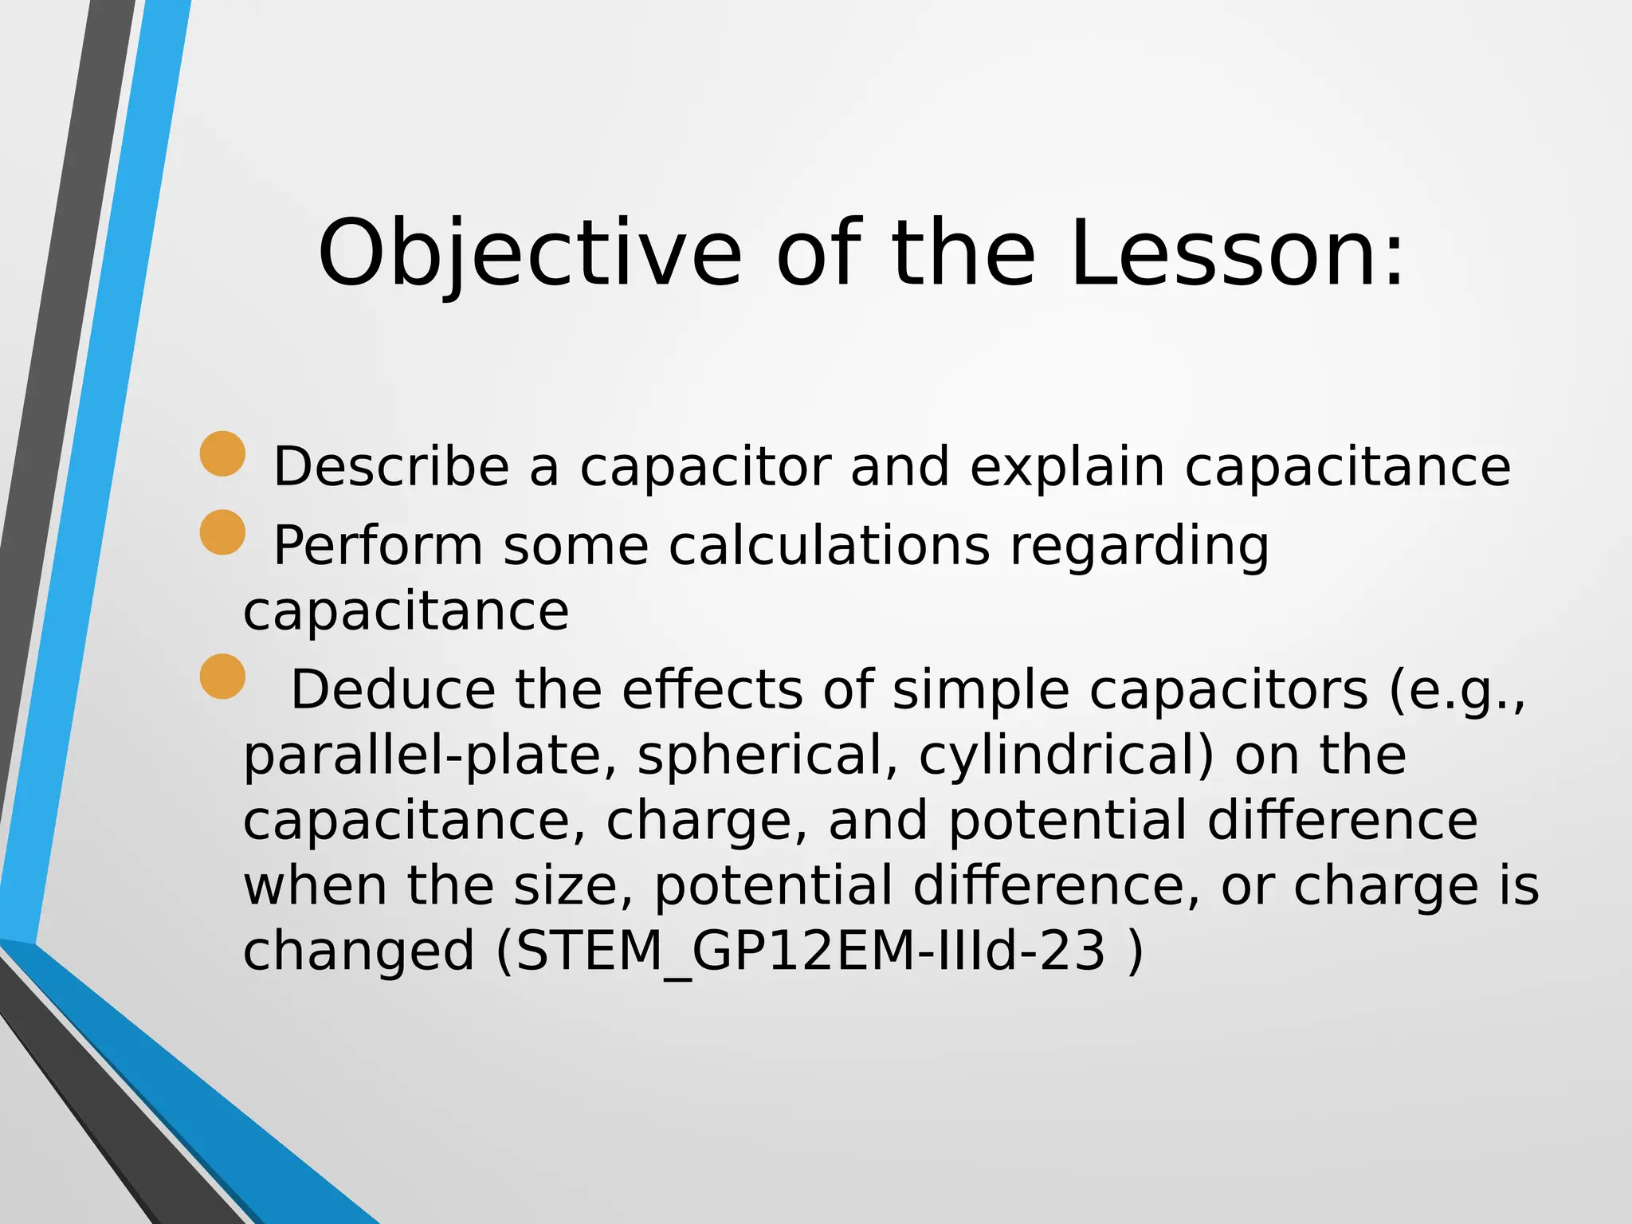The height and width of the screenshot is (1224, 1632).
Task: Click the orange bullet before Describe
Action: click(222, 453)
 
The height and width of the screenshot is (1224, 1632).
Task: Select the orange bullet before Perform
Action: click(222, 532)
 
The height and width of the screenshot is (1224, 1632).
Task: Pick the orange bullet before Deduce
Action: click(222, 677)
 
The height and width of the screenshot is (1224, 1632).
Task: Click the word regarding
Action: click(1139, 548)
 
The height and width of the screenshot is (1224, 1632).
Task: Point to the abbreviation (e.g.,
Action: click(1457, 692)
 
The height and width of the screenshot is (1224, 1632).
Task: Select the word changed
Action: click(359, 951)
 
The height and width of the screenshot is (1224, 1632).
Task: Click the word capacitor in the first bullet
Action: click(705, 468)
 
